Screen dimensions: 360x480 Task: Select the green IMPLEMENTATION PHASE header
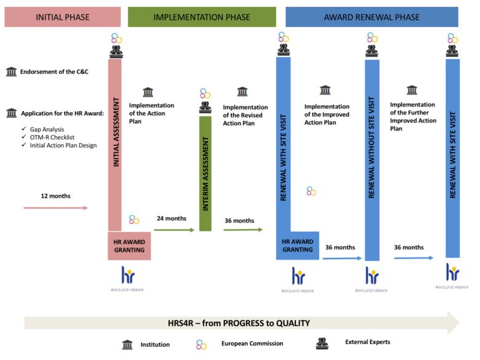(202, 17)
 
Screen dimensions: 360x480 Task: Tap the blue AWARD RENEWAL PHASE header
(372, 17)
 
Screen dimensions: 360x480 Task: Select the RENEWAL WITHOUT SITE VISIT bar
(372, 160)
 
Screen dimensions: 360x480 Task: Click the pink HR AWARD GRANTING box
(129, 246)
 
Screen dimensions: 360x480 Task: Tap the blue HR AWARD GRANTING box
(298, 246)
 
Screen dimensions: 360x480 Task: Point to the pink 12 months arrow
(55, 208)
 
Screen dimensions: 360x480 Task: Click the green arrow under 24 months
(174, 230)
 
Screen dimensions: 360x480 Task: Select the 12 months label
(56, 196)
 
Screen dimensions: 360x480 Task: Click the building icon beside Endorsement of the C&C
(11, 72)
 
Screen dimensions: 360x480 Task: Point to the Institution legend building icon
(127, 343)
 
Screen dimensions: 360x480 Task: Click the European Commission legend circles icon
(201, 344)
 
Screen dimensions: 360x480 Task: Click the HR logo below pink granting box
(129, 276)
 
